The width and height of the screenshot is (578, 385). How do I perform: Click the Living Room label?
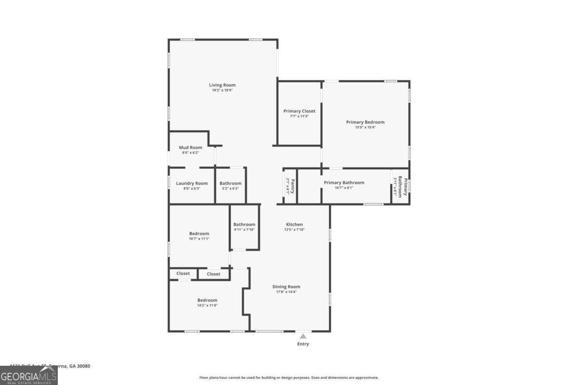click(x=222, y=85)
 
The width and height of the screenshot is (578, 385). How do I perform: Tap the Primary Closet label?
click(x=299, y=111)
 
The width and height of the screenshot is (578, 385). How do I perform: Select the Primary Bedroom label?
click(x=365, y=122)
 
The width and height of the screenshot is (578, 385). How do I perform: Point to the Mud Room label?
click(x=190, y=148)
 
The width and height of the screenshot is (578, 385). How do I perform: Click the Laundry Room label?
click(x=192, y=183)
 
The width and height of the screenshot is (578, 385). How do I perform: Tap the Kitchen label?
click(x=294, y=225)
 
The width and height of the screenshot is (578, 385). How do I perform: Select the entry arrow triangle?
click(x=303, y=336)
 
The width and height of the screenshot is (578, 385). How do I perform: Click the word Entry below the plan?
click(x=303, y=344)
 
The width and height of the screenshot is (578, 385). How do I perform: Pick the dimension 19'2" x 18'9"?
click(x=222, y=90)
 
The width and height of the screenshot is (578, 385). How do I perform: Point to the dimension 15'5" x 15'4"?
click(x=365, y=128)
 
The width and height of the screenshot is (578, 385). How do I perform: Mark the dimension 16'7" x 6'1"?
click(x=344, y=188)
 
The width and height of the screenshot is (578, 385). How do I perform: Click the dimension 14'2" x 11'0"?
click(x=207, y=306)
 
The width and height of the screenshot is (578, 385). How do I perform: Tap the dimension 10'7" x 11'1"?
click(x=199, y=239)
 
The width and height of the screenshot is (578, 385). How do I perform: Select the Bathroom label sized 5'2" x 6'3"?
click(x=230, y=183)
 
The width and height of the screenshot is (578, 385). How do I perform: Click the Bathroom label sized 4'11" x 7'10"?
click(x=244, y=225)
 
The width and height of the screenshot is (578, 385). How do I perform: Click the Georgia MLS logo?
click(x=28, y=375)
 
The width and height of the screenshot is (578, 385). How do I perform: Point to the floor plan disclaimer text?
click(x=289, y=378)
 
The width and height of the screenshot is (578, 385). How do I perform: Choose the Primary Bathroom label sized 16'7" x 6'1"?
click(x=344, y=183)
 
